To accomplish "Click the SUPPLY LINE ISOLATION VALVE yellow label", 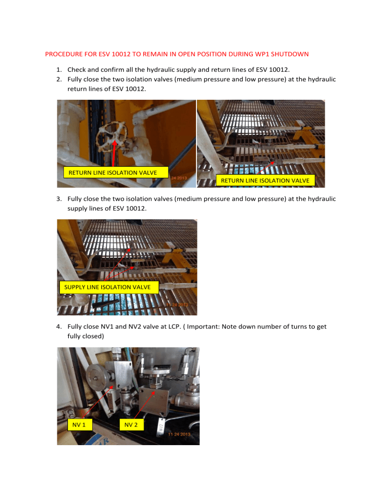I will click(108, 287).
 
